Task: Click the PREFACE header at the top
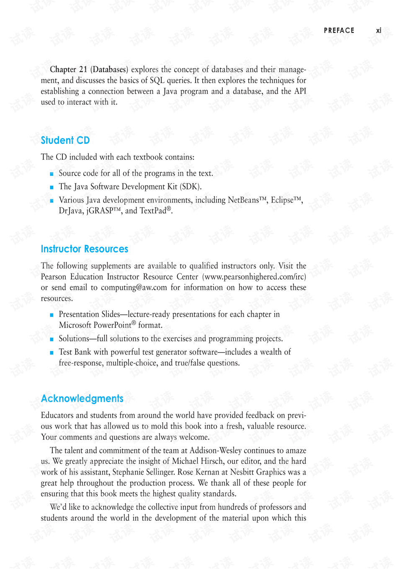[x=339, y=30]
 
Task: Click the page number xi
[x=379, y=30]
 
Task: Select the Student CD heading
[x=65, y=140]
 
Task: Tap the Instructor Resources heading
[x=85, y=249]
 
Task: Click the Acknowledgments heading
[x=82, y=398]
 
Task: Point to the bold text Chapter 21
[x=68, y=69]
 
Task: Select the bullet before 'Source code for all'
[x=52, y=174]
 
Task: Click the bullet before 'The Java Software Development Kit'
[x=52, y=187]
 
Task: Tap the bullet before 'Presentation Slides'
[x=52, y=314]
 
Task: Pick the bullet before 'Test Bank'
[x=52, y=352]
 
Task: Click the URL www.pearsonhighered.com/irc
[x=254, y=277]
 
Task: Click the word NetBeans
[x=243, y=200]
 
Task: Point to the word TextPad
[x=153, y=211]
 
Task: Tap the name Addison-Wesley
[x=215, y=450]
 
